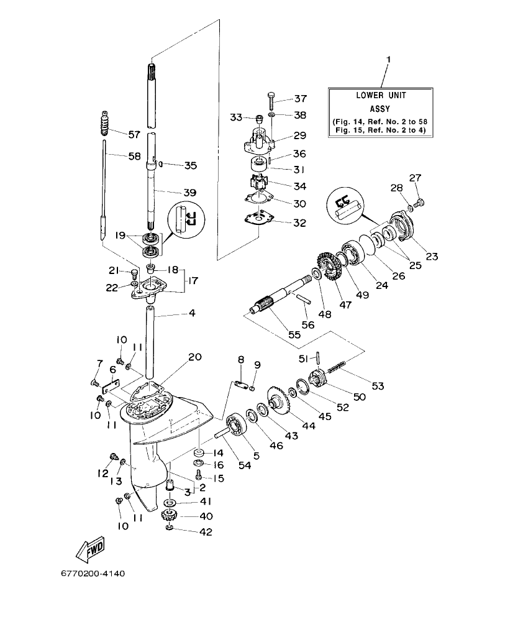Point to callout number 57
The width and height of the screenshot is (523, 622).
tap(135, 134)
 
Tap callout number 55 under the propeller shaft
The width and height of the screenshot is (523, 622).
tap(293, 334)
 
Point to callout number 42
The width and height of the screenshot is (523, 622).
tap(205, 532)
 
